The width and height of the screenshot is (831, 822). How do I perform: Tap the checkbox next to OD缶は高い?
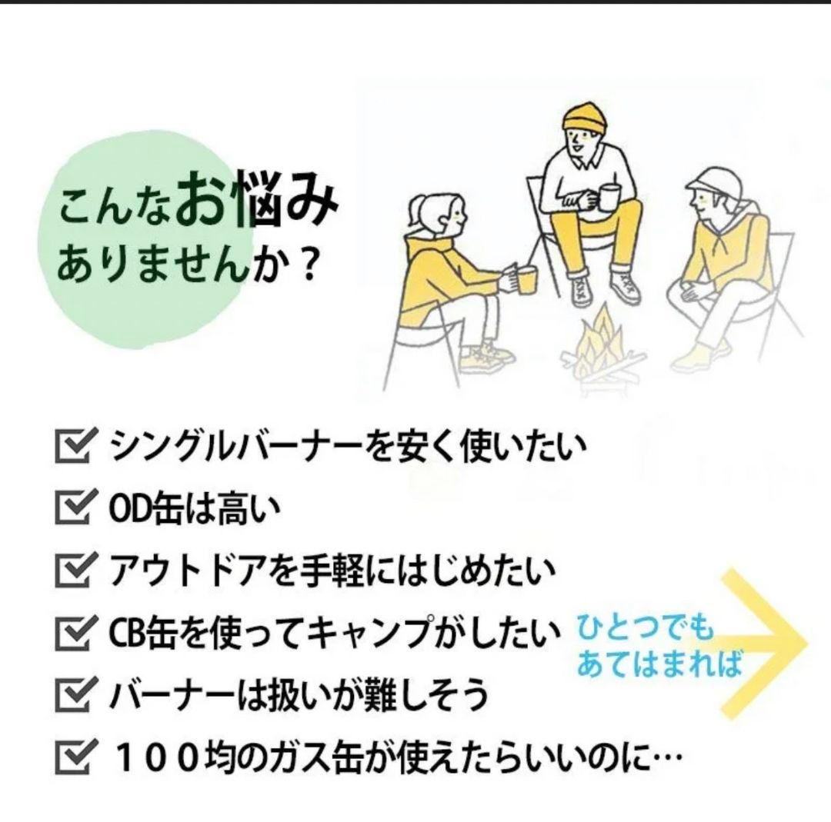(75, 508)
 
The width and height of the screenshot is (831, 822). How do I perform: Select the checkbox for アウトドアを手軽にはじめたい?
(75, 571)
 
